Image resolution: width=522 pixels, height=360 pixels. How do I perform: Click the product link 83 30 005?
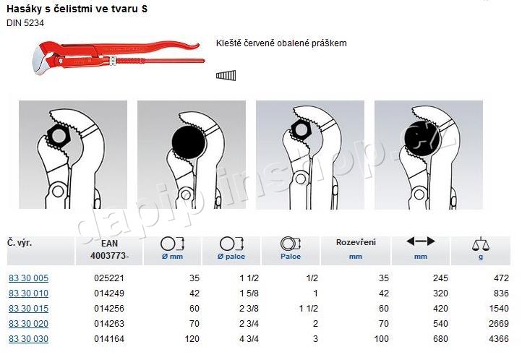tap(29, 278)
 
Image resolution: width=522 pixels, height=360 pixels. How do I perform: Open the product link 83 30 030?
tap(29, 339)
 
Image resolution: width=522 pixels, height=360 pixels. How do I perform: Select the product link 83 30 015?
tap(29, 309)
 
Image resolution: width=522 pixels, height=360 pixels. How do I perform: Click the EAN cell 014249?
tap(109, 293)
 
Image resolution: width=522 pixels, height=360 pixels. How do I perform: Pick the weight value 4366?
tap(499, 339)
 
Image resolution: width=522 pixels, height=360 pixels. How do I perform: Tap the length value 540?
tap(440, 323)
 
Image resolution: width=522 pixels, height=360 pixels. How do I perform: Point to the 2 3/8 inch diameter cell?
tap(249, 309)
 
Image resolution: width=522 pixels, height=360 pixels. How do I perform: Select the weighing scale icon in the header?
tap(481, 244)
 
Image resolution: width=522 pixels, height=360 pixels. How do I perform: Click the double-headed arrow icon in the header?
tap(421, 241)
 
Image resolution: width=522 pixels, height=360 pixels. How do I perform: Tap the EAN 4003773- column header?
tap(109, 249)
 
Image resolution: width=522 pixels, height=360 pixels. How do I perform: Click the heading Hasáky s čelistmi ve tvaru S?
tap(77, 9)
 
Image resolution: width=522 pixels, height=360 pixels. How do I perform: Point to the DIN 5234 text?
tap(25, 23)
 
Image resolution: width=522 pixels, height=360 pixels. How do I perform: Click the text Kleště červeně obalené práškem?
tap(281, 43)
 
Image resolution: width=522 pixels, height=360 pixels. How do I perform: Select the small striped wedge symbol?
tap(226, 75)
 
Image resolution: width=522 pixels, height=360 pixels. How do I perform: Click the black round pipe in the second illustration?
tap(189, 142)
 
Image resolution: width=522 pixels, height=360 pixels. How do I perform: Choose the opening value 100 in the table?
tap(381, 339)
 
